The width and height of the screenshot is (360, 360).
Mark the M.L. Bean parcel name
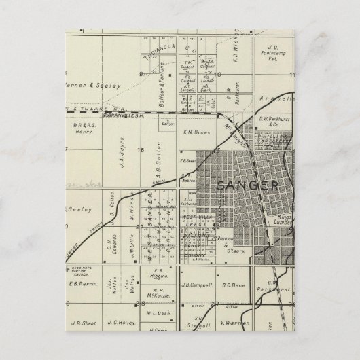pyautogui.click(x=156, y=313)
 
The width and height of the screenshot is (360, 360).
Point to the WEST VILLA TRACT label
pyautogui.click(x=198, y=221)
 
